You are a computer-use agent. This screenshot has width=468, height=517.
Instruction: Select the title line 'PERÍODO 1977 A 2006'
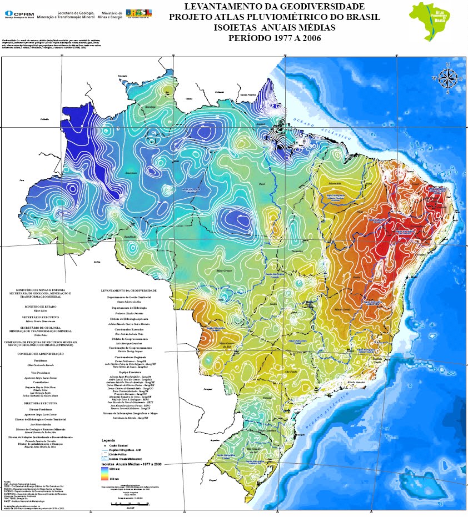pyautogui.click(x=275, y=38)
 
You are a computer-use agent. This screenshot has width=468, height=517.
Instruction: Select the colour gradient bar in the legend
pyautogui.click(x=104, y=473)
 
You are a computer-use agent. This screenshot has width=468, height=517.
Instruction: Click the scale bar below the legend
pyautogui.click(x=131, y=500)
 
